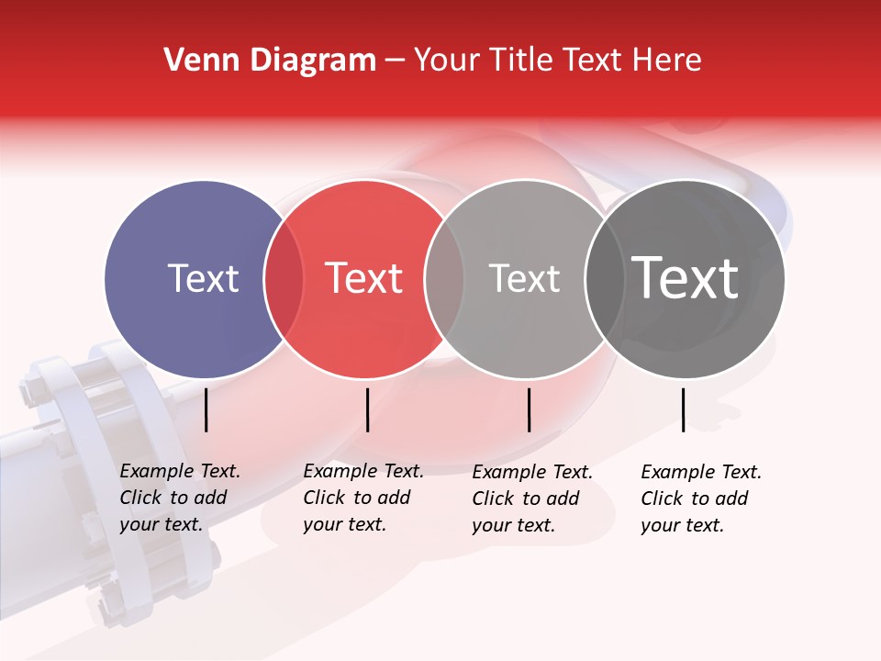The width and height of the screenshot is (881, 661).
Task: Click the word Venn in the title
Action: pos(195,61)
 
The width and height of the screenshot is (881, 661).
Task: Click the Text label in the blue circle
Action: pos(203,279)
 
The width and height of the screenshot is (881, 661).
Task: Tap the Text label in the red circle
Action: pos(364,279)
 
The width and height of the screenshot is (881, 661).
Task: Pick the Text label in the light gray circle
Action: pos(524,279)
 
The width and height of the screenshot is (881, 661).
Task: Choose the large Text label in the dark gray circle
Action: pos(686,278)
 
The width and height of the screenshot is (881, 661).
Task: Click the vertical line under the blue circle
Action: pos(206,409)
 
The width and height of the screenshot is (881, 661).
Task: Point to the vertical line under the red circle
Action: pos(367,409)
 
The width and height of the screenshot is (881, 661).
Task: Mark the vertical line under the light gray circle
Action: pos(529,409)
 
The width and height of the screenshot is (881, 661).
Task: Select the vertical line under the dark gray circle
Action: pos(684,409)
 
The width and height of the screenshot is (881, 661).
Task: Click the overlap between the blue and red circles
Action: pos(284,279)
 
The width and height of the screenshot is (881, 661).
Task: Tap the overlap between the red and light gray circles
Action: pos(444,279)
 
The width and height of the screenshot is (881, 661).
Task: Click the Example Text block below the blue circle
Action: pos(179,498)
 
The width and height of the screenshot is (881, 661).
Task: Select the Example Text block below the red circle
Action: pos(362,498)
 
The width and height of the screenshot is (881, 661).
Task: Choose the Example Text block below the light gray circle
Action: pos(532,499)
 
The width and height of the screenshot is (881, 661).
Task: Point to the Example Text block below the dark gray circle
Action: pos(701,499)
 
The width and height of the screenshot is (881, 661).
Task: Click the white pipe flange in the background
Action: pos(128,477)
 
